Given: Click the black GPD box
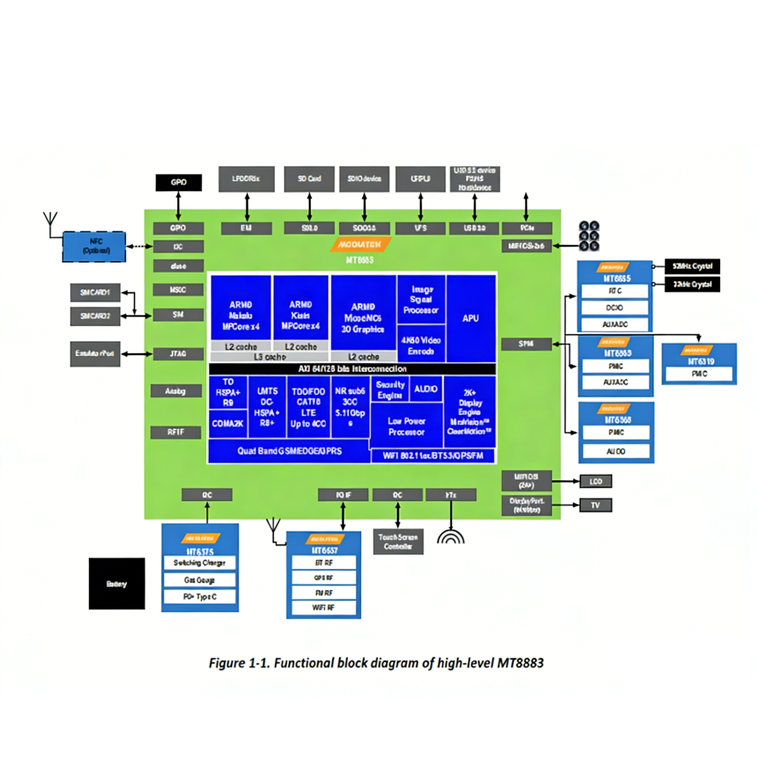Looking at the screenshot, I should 178,182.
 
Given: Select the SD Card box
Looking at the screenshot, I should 309,178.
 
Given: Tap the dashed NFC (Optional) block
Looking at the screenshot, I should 94,246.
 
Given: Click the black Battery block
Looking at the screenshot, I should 117,583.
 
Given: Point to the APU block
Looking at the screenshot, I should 470,318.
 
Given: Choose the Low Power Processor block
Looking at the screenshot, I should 406,426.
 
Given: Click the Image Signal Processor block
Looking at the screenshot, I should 421,300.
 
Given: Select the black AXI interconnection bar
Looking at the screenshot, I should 352,368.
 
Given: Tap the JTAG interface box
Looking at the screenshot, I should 178,353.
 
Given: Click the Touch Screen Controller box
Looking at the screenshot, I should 398,541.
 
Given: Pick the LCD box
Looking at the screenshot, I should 595,481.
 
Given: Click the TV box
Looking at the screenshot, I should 595,505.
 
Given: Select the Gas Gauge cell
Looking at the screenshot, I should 200,579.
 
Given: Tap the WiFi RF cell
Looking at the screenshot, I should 323,607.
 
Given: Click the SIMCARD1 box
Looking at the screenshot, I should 95,293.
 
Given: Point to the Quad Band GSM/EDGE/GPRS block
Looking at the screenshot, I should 289,451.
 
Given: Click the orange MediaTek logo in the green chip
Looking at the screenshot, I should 360,245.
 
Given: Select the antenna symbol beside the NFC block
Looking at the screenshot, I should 51,220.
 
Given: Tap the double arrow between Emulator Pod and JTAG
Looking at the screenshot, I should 136,354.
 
